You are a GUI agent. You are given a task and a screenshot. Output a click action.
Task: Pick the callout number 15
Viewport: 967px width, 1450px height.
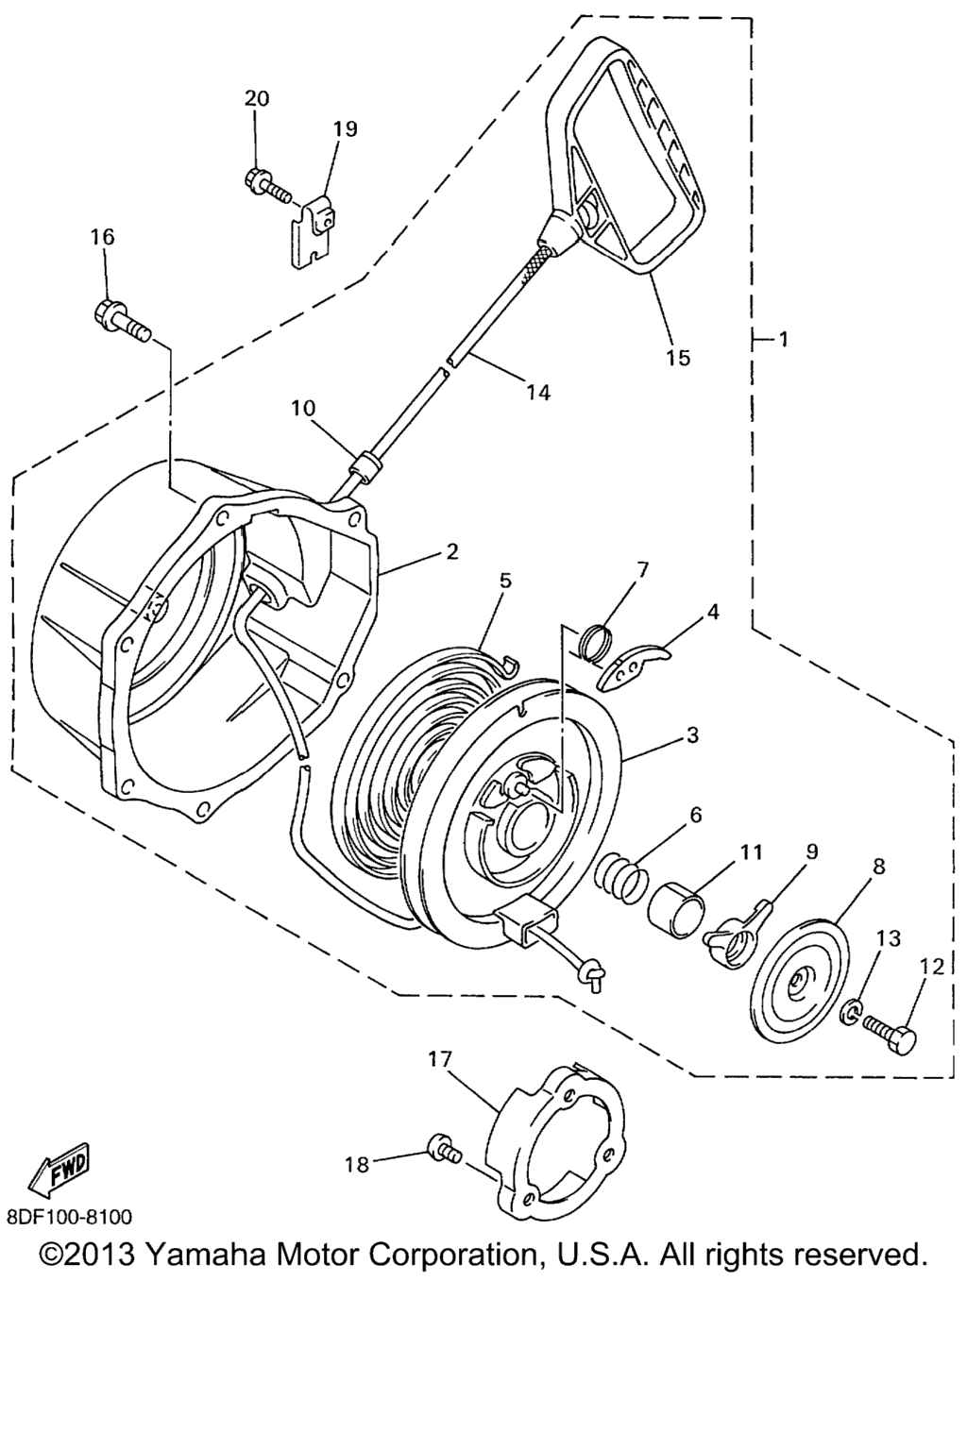(677, 358)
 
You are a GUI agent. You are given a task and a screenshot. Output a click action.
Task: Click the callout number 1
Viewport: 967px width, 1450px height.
(783, 339)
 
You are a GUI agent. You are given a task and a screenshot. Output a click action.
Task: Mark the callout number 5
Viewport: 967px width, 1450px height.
(505, 581)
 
